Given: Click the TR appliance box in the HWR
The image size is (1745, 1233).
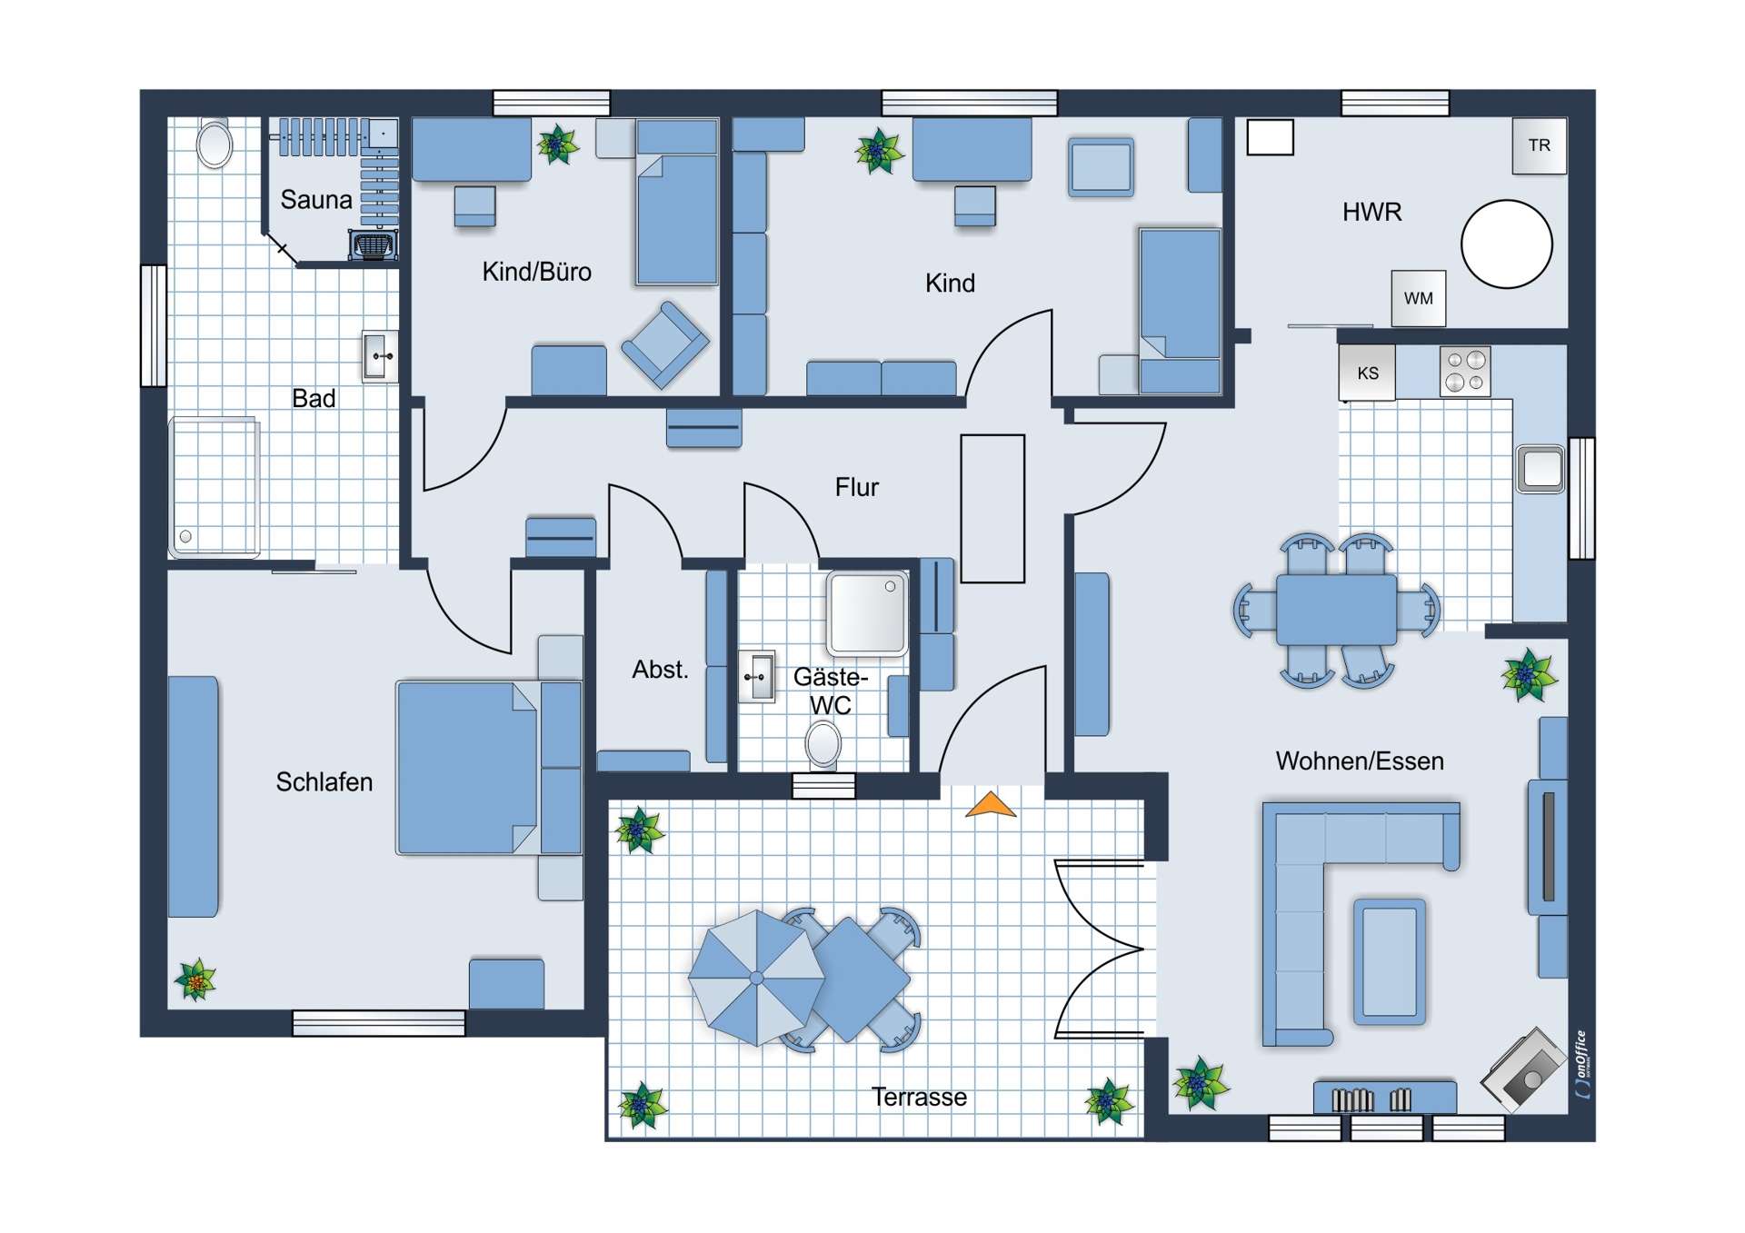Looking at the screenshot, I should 1539,145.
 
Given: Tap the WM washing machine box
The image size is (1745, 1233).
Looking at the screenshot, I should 1418,298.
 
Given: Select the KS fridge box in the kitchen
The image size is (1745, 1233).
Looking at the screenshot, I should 1367,373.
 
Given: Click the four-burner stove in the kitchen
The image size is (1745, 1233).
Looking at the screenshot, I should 1465,372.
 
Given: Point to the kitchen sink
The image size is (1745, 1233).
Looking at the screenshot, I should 1541,469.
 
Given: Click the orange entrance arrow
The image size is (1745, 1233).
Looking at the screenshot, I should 991,805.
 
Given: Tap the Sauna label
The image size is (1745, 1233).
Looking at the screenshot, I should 316,199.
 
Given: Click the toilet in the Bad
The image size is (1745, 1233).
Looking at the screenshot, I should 214,144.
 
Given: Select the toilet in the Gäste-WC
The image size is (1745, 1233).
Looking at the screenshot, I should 823,744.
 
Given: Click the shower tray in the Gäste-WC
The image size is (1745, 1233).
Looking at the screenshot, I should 866,613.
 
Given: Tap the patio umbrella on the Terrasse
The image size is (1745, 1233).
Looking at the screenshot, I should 756,978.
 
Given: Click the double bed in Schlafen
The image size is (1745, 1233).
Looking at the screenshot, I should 468,768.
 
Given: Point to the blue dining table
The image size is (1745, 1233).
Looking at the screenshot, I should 1336,609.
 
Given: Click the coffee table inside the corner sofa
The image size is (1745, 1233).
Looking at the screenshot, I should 1390,962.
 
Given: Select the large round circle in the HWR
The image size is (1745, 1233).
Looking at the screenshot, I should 1506,244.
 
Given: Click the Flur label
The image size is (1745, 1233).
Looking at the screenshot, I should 856,487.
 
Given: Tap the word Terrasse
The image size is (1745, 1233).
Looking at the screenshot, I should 919,1097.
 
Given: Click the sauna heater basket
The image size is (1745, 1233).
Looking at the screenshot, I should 373,245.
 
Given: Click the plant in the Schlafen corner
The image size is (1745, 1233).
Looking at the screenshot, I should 195,980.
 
